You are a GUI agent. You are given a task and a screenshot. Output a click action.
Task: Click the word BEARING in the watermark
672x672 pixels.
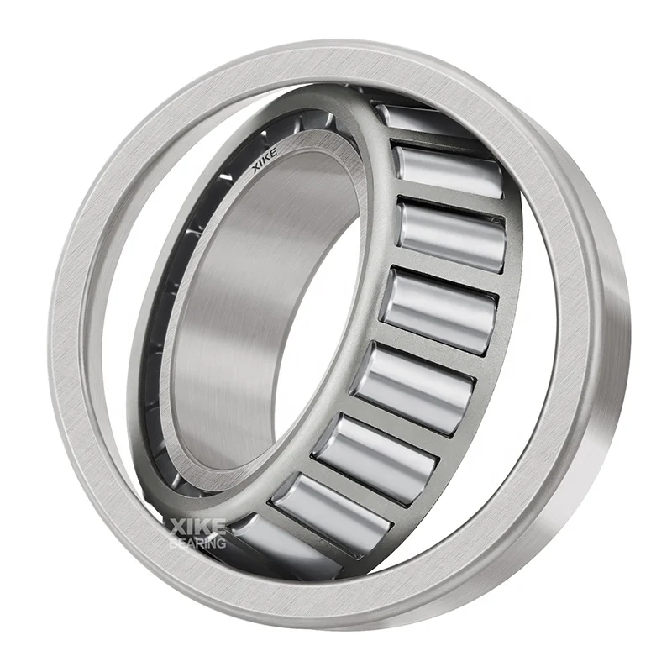point(197,543)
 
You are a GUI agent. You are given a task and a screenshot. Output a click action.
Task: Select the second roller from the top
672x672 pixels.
point(449,173)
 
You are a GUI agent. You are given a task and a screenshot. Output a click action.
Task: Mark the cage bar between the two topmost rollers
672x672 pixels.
point(437,143)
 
